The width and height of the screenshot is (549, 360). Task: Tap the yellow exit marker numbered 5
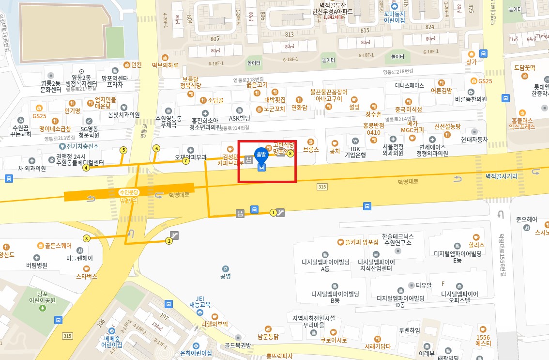pos(123,150)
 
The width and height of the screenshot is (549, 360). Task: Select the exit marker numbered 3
pos(87,238)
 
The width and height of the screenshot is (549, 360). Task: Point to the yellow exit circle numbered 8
pos(290,155)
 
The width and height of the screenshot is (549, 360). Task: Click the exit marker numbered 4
pos(86,168)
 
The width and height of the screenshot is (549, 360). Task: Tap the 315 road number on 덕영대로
pos(322,187)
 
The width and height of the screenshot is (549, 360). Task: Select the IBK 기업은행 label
pos(355,152)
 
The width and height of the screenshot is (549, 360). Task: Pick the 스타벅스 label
pos(87,276)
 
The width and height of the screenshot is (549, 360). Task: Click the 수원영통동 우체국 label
pos(168,122)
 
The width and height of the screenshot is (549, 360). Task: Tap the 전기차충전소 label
pos(82,146)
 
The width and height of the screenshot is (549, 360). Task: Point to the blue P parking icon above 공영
pos(225,269)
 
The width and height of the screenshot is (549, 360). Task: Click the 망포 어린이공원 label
pos(42,297)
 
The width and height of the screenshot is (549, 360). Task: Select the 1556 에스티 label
pos(483,340)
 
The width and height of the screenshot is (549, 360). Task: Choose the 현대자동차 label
pos(474,140)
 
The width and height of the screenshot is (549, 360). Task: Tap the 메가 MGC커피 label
pos(412,126)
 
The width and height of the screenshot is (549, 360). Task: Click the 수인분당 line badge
pos(129,192)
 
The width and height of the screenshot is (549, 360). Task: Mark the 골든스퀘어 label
pos(58,246)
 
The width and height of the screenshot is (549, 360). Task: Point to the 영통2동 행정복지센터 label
pos(81,80)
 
